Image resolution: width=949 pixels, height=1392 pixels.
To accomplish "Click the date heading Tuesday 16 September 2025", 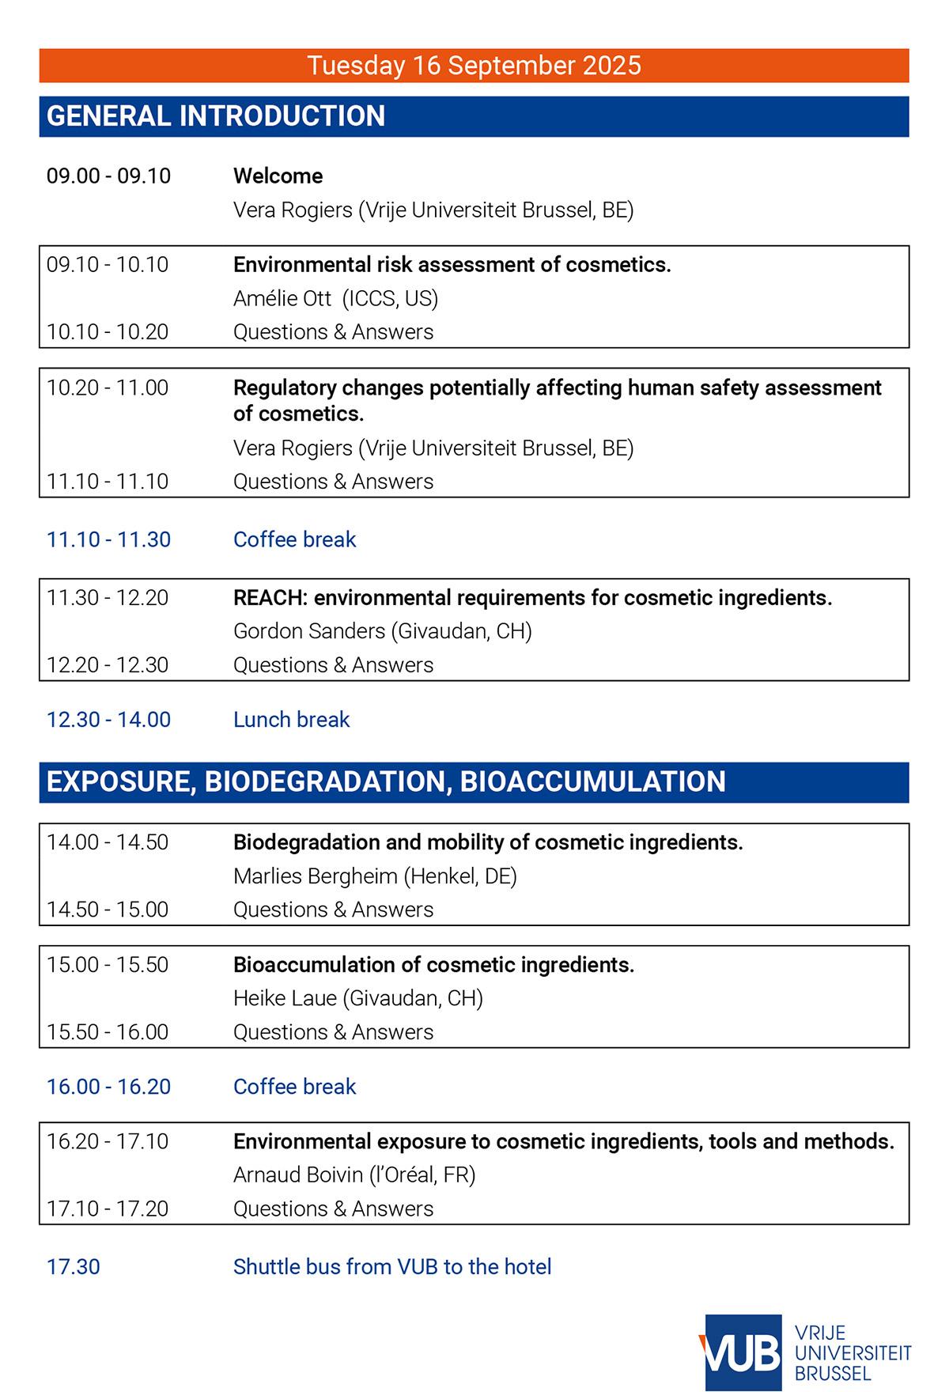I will coord(474,65).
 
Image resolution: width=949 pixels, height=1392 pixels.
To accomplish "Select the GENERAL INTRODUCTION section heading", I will coord(216,116).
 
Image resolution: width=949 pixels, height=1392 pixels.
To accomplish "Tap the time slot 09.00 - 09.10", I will coord(108,176).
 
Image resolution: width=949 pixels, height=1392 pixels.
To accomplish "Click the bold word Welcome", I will coord(278,176).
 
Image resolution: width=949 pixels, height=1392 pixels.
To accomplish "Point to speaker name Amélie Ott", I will coord(282,298).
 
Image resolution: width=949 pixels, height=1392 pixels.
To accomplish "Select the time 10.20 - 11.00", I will coord(108,388).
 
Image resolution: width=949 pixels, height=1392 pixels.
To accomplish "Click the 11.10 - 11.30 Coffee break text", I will coord(294,539).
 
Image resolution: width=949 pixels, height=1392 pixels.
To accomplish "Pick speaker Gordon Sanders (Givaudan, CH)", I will coord(382,631).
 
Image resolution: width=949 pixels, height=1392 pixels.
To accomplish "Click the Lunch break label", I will coord(291,720).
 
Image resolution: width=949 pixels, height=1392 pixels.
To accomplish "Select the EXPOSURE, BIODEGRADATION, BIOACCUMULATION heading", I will coord(386,781).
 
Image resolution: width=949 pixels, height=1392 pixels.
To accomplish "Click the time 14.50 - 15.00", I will coord(108,910).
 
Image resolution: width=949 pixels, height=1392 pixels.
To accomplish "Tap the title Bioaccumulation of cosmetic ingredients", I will coord(433,965).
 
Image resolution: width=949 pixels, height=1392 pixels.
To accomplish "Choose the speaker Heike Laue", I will coord(285,998).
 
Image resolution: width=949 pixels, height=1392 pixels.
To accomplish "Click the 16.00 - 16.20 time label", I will coord(108,1087).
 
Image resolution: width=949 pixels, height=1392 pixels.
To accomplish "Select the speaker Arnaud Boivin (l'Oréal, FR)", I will coord(354,1175).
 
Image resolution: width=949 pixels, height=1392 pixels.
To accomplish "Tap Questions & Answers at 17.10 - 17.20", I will coord(333,1209).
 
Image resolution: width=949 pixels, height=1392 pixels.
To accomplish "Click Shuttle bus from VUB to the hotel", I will coord(392,1267).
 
